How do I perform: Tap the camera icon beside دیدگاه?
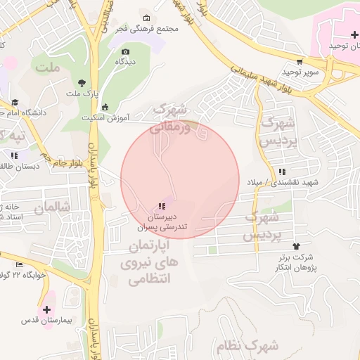click(126, 51)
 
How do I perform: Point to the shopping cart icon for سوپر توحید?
click(300, 62)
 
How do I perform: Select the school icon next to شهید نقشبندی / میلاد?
click(282, 172)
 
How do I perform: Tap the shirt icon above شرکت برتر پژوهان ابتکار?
click(296, 246)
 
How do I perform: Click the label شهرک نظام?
click(253, 346)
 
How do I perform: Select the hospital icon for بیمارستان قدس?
click(47, 309)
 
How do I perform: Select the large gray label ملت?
click(48, 70)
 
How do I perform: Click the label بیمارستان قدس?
click(47, 321)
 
